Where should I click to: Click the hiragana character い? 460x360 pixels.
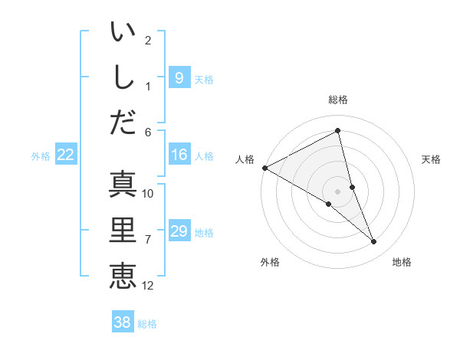click(123, 34)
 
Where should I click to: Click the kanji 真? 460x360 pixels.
click(123, 185)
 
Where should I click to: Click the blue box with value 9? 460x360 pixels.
click(179, 77)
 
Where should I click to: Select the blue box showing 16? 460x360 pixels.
click(179, 155)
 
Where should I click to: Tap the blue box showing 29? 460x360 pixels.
click(179, 231)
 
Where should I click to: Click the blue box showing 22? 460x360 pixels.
click(66, 155)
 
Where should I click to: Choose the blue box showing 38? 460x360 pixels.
click(123, 322)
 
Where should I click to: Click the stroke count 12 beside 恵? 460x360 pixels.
click(148, 286)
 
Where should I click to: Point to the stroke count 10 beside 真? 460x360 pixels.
click(148, 194)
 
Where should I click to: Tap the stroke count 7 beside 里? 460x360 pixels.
click(148, 240)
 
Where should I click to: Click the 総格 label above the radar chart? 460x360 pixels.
click(338, 100)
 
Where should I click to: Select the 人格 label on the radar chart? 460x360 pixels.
click(245, 159)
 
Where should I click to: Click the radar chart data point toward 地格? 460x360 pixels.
click(374, 242)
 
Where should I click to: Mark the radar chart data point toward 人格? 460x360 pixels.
click(264, 167)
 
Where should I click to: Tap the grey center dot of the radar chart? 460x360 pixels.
click(337, 191)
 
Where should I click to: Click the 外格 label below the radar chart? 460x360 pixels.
click(270, 262)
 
